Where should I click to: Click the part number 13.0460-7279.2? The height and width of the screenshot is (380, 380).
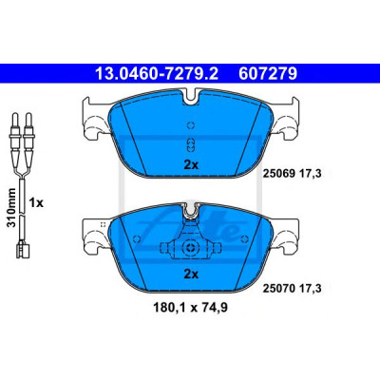[157, 74]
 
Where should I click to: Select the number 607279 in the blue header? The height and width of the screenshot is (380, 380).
[268, 74]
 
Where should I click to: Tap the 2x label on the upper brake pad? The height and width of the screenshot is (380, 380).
[191, 164]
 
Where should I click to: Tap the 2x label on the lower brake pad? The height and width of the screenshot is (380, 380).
[191, 275]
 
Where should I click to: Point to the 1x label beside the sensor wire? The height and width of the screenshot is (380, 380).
[36, 202]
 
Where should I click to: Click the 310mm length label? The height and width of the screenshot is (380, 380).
[11, 207]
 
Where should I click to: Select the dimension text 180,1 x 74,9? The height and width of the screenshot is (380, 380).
[190, 308]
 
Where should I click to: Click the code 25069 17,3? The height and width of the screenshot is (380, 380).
[292, 174]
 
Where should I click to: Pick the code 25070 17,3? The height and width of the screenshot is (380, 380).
[292, 288]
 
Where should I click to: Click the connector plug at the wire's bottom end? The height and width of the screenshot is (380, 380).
[22, 250]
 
